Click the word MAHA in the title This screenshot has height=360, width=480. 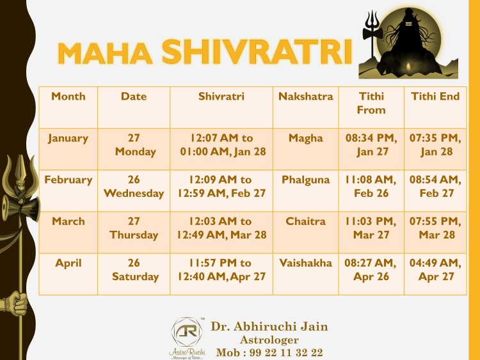coord(105,53)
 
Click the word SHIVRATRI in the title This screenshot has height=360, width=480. coord(257,52)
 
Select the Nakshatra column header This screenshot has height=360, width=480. coord(305,97)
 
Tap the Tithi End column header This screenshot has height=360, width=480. coord(435,97)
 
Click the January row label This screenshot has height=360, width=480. coord(68,139)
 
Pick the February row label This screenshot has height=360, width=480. coord(68,180)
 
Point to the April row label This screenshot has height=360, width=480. coord(68,263)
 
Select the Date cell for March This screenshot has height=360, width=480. coord(134,228)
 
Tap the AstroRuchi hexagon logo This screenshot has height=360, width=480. coord(187,332)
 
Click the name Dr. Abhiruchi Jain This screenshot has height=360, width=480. coord(269,327)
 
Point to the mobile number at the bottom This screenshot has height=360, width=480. coord(269,352)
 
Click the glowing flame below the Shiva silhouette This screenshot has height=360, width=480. coord(408,67)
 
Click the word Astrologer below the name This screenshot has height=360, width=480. coord(269,340)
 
